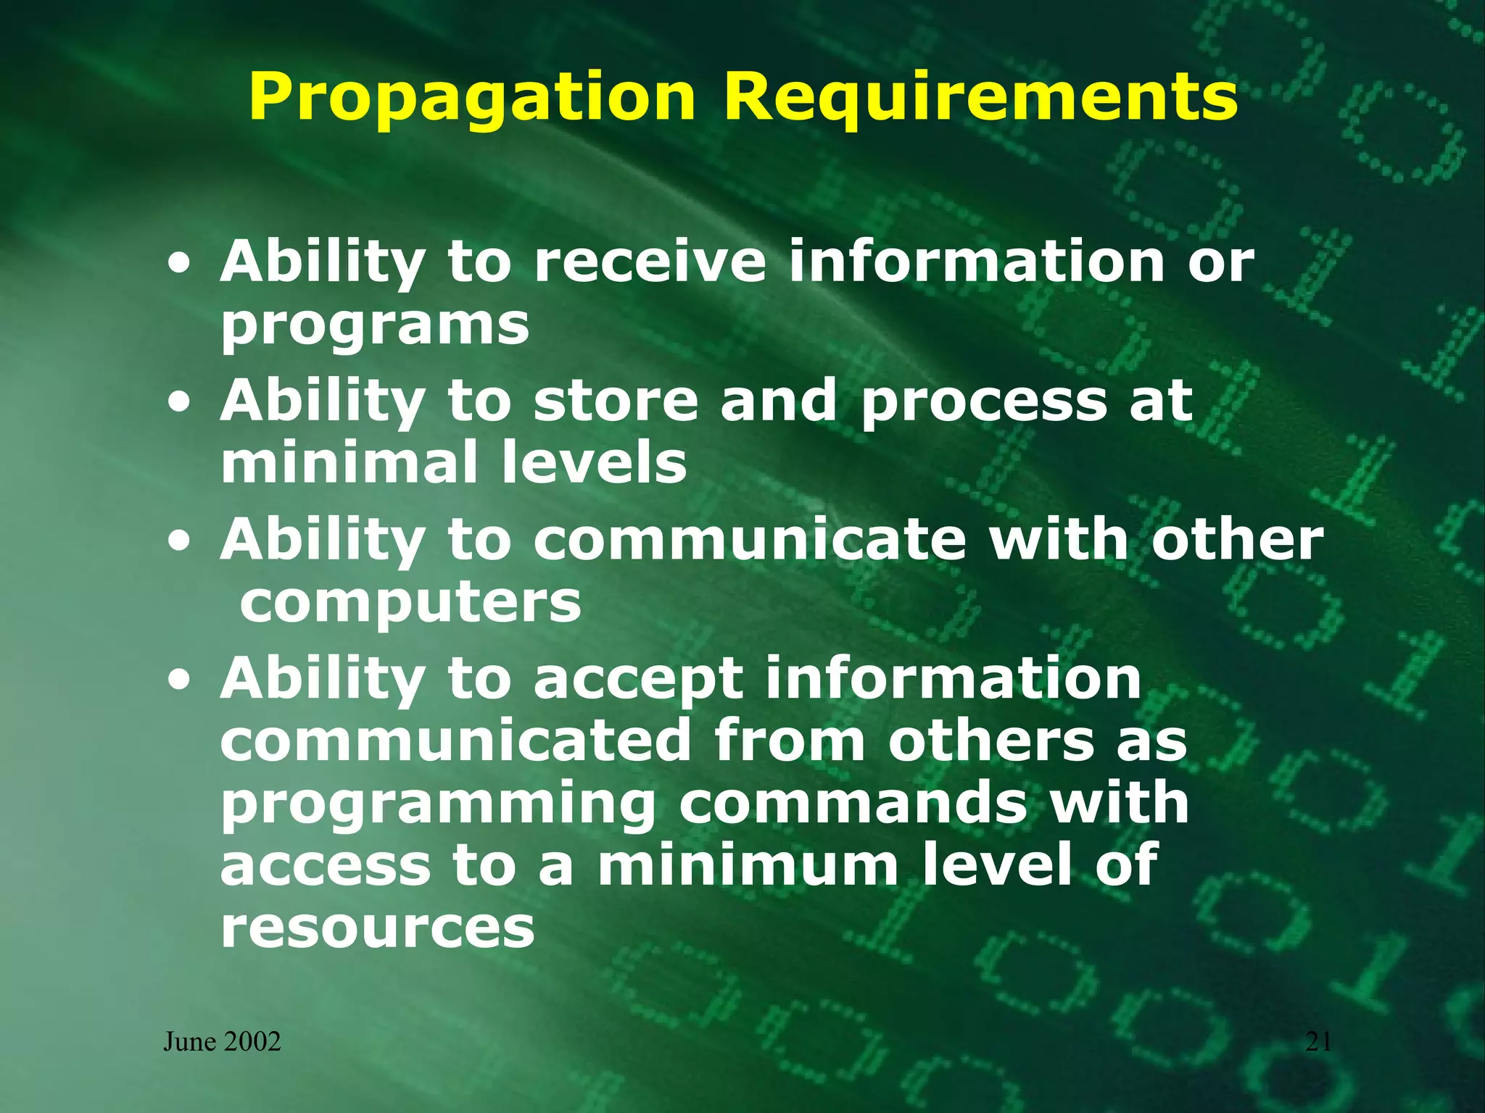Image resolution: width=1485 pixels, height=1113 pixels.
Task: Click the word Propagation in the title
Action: point(471,98)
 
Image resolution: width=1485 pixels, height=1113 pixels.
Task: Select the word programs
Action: point(375,326)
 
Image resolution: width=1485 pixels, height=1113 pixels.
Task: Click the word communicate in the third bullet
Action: point(750,540)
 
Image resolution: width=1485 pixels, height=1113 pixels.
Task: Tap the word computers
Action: point(410,602)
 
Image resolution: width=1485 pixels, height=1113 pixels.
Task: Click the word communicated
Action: point(456,741)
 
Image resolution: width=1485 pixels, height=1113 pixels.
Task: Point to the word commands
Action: point(853,803)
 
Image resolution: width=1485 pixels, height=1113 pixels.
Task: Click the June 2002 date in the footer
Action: point(222,1042)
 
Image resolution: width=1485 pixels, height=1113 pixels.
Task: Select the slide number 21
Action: point(1318,1042)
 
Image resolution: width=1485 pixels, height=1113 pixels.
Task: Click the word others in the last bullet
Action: point(990,741)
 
